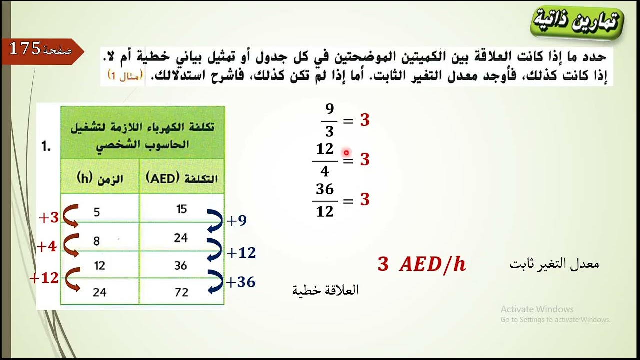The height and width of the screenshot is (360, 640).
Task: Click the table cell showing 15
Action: coord(181,209)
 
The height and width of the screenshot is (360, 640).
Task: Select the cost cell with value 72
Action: coord(181,292)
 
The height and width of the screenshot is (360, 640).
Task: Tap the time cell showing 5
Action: coord(97,212)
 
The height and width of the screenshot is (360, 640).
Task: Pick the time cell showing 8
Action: coord(97,241)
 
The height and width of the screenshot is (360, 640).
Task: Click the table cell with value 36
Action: coord(181,265)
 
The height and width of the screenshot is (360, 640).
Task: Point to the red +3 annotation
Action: coord(49,218)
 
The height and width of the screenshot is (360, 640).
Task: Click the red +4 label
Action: coord(47,246)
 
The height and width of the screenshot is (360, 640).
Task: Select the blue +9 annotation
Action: coord(237,221)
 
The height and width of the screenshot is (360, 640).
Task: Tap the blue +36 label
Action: coord(241,282)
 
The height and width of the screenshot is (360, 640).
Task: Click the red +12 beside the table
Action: coord(44,278)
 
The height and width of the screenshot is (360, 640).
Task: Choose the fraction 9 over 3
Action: coord(329,120)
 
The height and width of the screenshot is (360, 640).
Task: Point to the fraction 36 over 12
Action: coord(325,200)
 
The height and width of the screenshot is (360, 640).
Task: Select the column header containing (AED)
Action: coord(182,178)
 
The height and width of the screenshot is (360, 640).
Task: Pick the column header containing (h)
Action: coord(100,178)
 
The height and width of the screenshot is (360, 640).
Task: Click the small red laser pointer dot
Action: coord(346,153)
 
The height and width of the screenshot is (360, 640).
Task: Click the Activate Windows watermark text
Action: coord(537,309)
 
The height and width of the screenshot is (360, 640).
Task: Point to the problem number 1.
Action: coord(46,147)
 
